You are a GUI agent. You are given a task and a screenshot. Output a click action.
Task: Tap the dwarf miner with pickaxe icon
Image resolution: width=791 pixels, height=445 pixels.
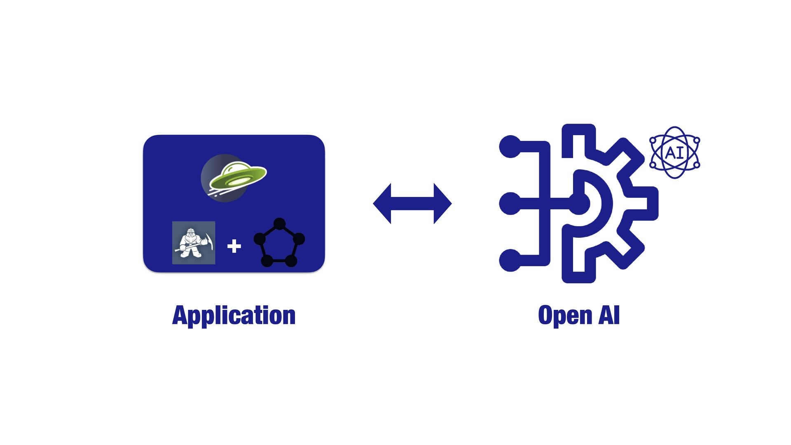[193, 243]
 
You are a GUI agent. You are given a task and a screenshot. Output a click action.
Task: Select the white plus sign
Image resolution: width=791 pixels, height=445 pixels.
[234, 246]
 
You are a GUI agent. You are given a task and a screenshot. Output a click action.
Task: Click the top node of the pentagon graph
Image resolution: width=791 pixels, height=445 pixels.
[279, 224]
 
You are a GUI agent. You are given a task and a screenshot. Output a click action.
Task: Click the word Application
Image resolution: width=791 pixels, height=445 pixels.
[234, 316]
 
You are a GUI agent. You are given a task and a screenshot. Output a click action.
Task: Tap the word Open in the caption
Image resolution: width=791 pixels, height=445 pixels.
[565, 316]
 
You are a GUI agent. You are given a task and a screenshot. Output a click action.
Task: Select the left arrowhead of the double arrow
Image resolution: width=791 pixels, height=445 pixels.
[382, 204]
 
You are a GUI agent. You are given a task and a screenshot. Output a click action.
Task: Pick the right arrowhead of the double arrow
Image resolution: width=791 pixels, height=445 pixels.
[442, 204]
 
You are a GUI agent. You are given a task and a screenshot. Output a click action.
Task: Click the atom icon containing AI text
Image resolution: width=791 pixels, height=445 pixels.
[674, 152]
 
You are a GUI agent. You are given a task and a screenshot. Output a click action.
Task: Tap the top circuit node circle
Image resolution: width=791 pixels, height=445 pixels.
[510, 146]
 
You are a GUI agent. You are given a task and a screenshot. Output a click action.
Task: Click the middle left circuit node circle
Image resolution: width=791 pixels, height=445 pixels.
[510, 204]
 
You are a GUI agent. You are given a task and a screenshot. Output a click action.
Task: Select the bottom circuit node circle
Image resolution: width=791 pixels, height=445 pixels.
[510, 260]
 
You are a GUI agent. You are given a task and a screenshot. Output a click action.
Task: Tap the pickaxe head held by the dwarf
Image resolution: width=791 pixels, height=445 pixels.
[210, 241]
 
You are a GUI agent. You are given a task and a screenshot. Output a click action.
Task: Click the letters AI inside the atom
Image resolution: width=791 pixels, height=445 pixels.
[674, 153]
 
